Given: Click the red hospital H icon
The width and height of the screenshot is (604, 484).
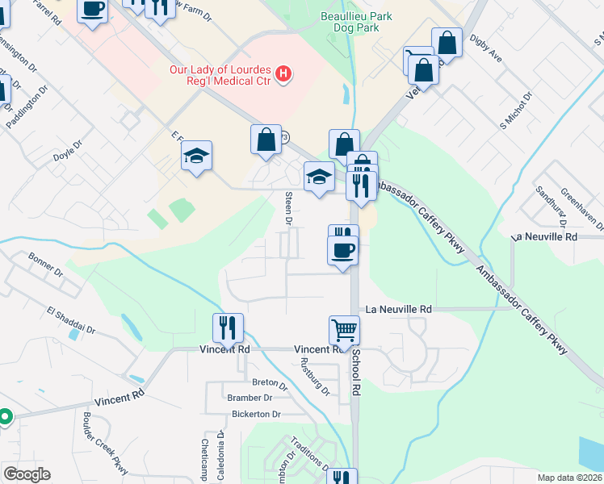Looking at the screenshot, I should coord(283,75).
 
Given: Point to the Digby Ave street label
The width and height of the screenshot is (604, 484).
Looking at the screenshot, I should coord(485,52).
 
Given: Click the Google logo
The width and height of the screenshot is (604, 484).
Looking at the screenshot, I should coord(27,474).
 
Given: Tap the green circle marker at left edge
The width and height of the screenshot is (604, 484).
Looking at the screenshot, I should coord(4,417).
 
